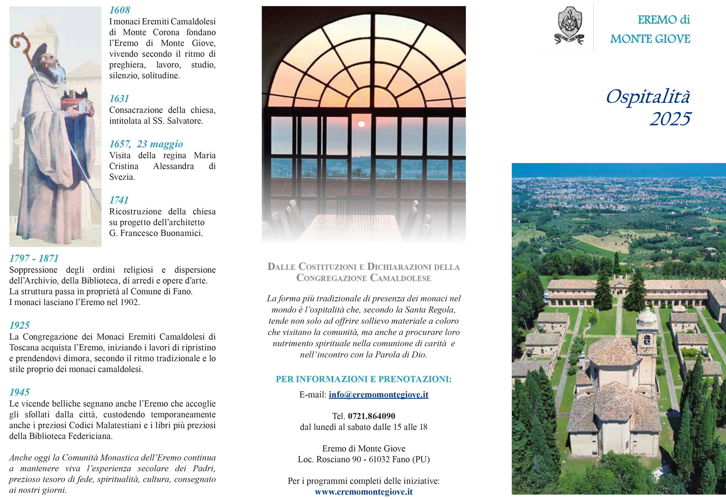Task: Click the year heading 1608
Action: pyautogui.click(x=119, y=10)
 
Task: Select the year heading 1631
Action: pyautogui.click(x=119, y=99)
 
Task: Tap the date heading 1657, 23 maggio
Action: pyautogui.click(x=146, y=144)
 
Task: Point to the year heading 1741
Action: pyautogui.click(x=119, y=200)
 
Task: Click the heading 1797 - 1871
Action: pyautogui.click(x=34, y=258)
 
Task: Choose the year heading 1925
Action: pyautogui.click(x=19, y=325)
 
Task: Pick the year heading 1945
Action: pyautogui.click(x=19, y=392)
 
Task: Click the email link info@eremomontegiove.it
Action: pyautogui.click(x=378, y=395)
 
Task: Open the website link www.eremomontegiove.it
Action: pyautogui.click(x=363, y=492)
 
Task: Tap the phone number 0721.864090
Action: pyautogui.click(x=371, y=416)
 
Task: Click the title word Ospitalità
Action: pyautogui.click(x=648, y=96)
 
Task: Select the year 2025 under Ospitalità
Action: pyautogui.click(x=670, y=119)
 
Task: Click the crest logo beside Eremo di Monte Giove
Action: pyautogui.click(x=569, y=26)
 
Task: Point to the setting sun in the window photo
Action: pyautogui.click(x=361, y=124)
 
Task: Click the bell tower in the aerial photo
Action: pyautogui.click(x=647, y=333)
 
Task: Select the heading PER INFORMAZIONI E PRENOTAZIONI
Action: pyautogui.click(x=363, y=379)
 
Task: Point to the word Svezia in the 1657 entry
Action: pyautogui.click(x=122, y=177)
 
